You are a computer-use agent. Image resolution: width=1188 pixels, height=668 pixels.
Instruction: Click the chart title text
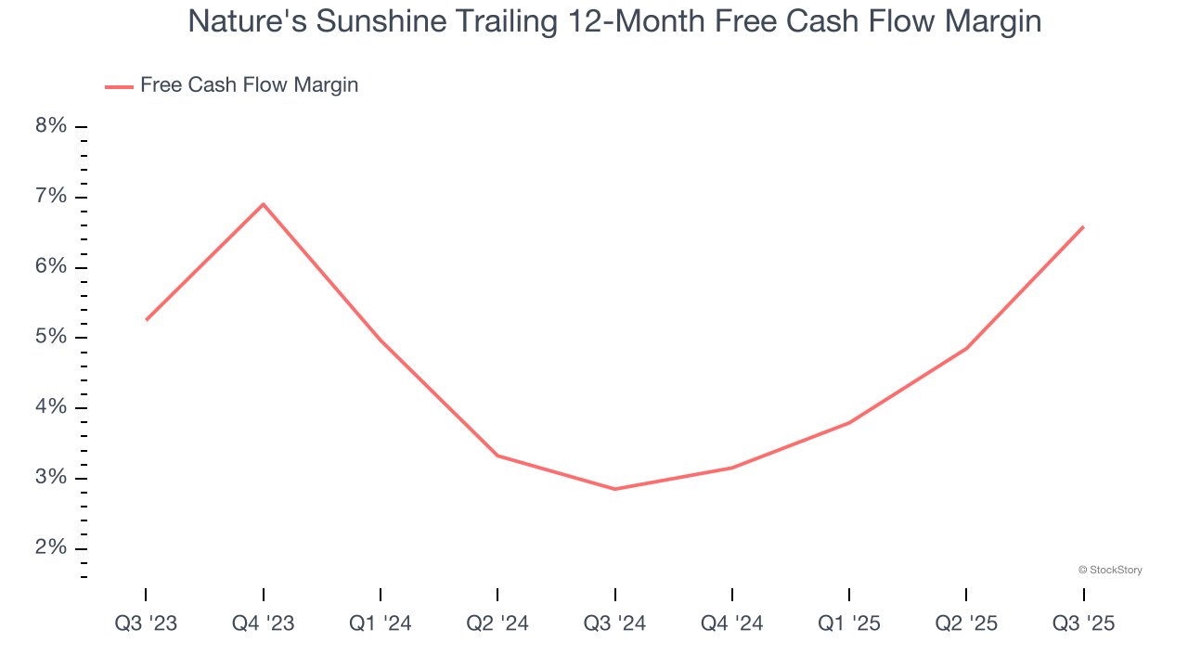614,21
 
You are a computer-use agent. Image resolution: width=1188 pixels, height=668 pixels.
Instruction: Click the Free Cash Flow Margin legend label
249,85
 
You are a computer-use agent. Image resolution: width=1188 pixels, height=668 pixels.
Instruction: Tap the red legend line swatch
119,86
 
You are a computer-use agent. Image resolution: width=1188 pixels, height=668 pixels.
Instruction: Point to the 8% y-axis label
51,126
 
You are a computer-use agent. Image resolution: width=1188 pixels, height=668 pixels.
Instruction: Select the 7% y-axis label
51,197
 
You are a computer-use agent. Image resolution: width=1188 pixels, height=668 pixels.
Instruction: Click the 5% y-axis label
51,337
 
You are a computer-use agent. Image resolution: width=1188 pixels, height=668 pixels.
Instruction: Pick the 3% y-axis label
51,478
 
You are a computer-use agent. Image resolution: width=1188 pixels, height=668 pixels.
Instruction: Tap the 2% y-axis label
51,548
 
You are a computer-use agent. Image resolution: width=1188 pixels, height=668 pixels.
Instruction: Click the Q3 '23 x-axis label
146,623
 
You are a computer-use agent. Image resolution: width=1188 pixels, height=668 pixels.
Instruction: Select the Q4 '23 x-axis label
264,623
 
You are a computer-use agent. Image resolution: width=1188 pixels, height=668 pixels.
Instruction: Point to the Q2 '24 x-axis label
497,623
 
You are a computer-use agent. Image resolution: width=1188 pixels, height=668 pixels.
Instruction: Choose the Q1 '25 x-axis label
849,623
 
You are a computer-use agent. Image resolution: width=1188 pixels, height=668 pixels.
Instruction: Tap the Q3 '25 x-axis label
1083,623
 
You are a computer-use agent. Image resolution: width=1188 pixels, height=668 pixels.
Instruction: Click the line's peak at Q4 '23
264,204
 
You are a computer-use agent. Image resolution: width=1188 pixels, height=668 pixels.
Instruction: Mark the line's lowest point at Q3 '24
614,489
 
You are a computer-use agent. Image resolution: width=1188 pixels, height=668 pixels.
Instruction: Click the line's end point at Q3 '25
1083,226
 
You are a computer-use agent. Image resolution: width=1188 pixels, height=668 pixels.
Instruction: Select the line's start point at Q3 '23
147,320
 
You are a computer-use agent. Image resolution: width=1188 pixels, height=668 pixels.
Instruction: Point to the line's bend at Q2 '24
497,456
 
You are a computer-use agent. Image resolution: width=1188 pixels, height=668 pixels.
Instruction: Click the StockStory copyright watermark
1110,570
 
